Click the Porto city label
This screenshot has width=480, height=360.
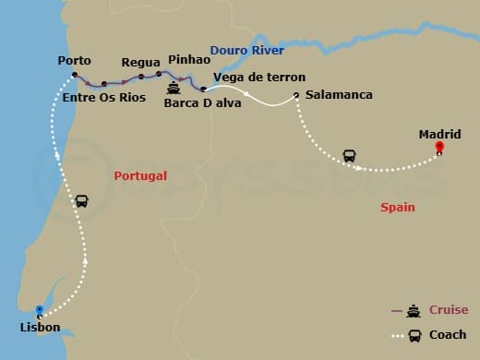(74, 60)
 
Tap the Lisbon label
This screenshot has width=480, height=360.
(40, 328)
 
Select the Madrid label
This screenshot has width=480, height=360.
(439, 134)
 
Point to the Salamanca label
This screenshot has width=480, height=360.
(339, 95)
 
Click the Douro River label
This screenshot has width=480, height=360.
(246, 50)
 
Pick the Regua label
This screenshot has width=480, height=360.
(141, 62)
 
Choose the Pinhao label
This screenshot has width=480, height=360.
(190, 59)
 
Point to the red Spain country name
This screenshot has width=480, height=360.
(398, 208)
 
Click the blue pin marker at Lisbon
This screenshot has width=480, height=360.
(39, 311)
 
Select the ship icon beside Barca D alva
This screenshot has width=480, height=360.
(174, 90)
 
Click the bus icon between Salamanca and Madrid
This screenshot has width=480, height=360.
(351, 155)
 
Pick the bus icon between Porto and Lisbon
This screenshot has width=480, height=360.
(82, 200)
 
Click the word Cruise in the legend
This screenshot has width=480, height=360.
(449, 310)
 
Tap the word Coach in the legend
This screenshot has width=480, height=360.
(448, 334)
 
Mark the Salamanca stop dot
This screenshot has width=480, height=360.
(295, 95)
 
